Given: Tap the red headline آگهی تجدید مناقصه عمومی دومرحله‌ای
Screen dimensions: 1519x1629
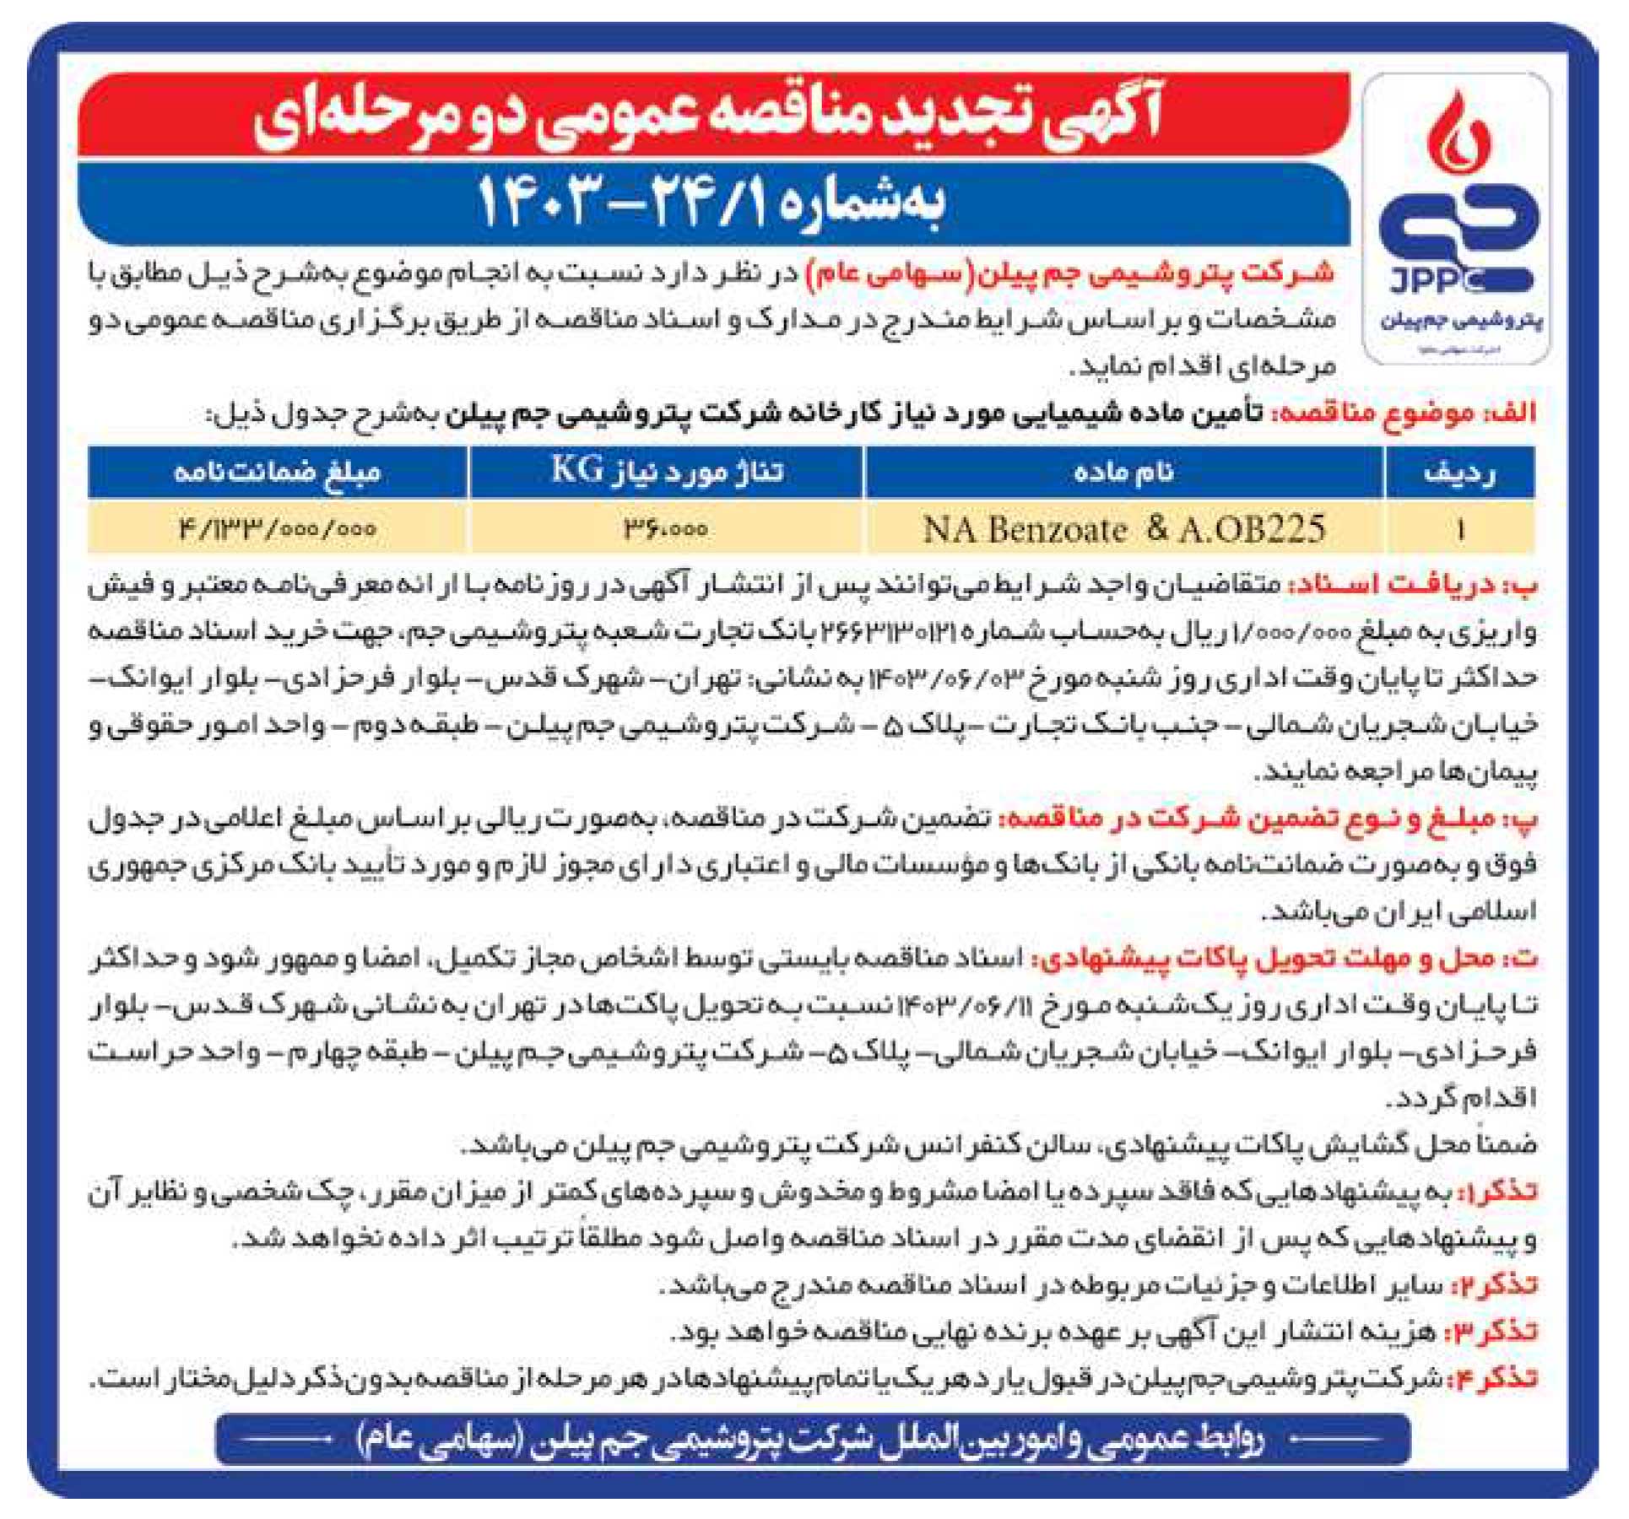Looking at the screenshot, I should click(709, 118).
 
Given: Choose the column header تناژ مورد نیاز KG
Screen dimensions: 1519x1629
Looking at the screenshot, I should click(667, 471).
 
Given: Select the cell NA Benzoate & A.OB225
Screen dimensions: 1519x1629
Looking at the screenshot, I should click(1123, 529).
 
